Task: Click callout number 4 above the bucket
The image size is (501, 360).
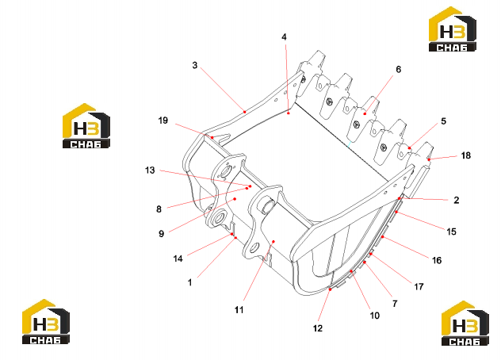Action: coord(284,37)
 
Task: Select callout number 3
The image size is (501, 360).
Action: coord(195,65)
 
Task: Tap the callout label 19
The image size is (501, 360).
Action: coord(163,121)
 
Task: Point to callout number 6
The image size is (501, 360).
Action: coord(399,69)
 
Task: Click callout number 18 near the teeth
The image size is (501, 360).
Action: coord(466,155)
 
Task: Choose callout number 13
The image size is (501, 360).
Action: coord(150,170)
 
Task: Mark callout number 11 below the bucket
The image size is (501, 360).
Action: coord(239,309)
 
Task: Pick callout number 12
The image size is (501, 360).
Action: coord(318,328)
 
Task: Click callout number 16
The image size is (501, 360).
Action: coord(437,261)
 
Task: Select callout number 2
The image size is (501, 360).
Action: coord(457,200)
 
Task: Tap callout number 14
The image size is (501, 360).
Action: coord(178,259)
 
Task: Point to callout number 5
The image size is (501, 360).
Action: coord(443,121)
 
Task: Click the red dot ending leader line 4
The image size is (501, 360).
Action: coord(289,113)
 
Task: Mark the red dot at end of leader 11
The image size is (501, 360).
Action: coord(273,241)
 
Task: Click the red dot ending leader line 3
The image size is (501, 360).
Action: coord(245,112)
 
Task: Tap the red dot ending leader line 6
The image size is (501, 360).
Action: coord(365,114)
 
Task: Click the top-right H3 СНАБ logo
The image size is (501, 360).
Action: coord(453,29)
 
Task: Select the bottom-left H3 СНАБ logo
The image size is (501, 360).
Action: coord(46,322)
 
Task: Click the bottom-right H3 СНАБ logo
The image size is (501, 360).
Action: coord(465,324)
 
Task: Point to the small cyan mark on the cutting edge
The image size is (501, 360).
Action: coord(350,144)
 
